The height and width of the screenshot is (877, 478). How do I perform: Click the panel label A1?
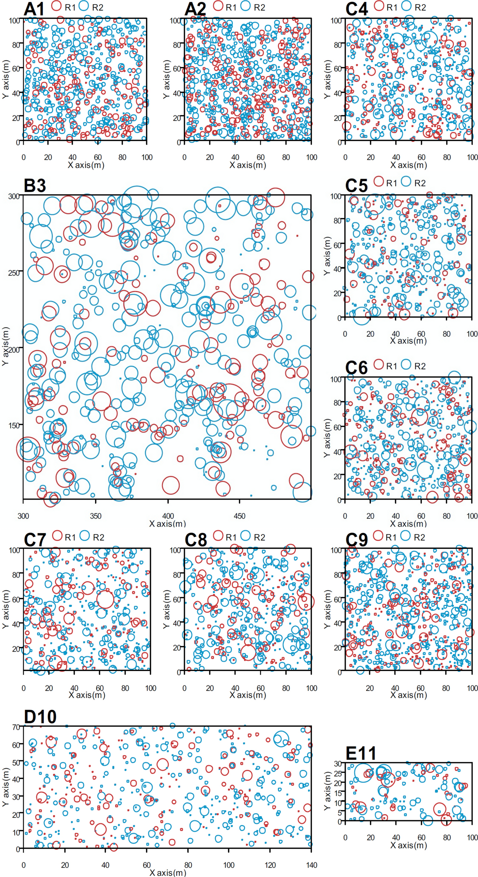click(34, 9)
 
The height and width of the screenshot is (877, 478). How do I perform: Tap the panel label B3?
click(35, 185)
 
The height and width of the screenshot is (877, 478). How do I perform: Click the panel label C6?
click(356, 367)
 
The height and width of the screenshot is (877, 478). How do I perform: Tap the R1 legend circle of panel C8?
click(218, 535)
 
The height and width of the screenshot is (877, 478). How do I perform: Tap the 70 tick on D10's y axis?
click(16, 727)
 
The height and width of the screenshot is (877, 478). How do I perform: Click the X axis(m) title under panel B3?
click(167, 523)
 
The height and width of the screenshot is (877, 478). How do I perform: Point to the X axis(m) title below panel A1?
click(86, 165)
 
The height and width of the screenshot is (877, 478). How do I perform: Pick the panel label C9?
click(356, 540)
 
